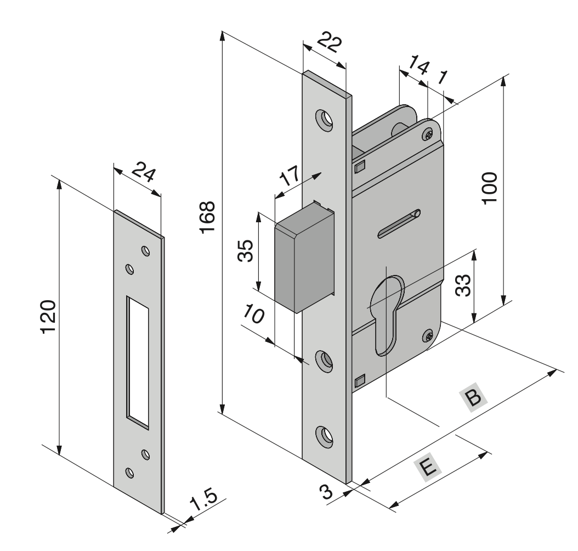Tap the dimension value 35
coord(246,251)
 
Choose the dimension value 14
coord(420,68)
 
